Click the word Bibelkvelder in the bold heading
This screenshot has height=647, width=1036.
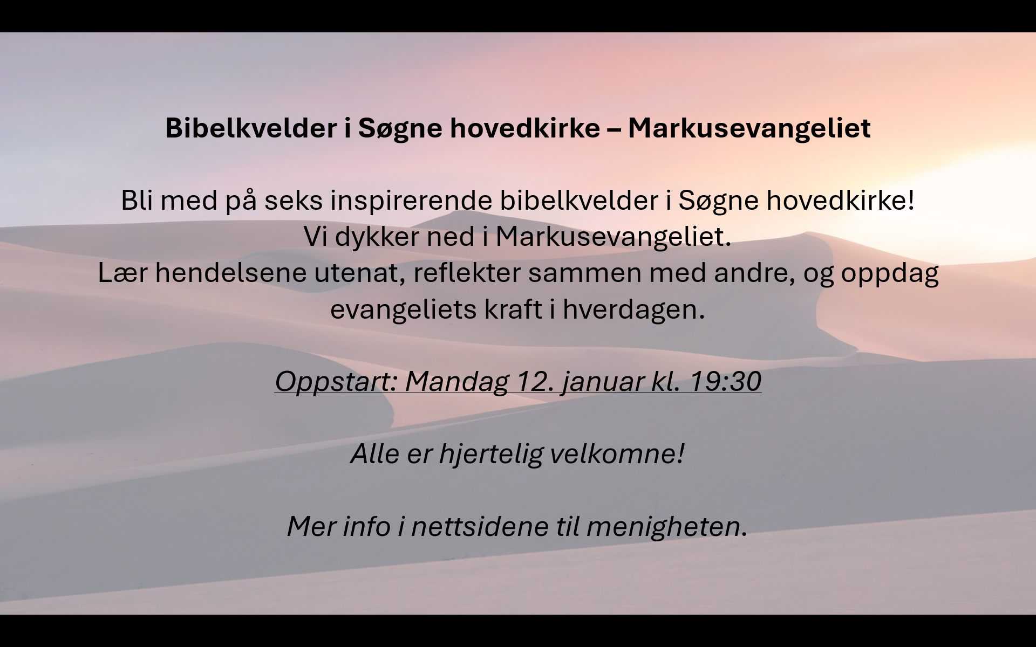251,128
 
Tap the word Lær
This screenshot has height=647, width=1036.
122,273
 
